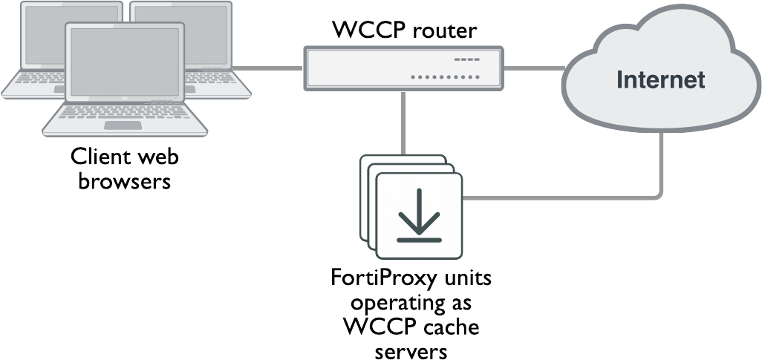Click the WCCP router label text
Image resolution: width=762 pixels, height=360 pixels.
click(x=404, y=31)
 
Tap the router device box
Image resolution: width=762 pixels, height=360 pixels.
click(x=404, y=68)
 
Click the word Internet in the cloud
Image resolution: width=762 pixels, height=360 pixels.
click(x=660, y=79)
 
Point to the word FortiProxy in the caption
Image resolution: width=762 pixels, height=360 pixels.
click(x=384, y=282)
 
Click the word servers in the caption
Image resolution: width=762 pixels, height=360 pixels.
click(x=411, y=350)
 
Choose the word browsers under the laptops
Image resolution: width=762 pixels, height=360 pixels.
click(x=125, y=180)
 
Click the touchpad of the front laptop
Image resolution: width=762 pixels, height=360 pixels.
click(x=123, y=125)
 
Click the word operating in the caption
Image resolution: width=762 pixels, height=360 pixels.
click(x=397, y=305)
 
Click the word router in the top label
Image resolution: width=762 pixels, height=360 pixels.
click(x=445, y=31)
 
